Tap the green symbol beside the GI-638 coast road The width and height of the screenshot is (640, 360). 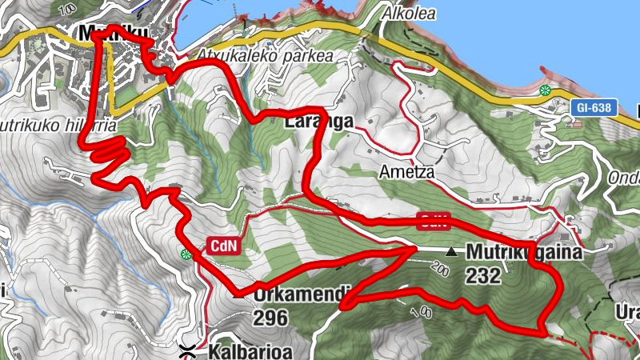tap(546, 90)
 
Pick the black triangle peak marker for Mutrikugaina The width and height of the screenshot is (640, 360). tap(452, 251)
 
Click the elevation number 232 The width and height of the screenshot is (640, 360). tap(482, 277)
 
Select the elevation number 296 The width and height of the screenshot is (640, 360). tap(270, 318)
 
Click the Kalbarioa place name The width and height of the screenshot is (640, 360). tap(246, 351)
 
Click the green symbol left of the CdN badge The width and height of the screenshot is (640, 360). tap(187, 254)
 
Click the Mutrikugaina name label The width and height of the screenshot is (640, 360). tap(524, 251)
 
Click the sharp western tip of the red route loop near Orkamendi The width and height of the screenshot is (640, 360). tap(342, 305)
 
